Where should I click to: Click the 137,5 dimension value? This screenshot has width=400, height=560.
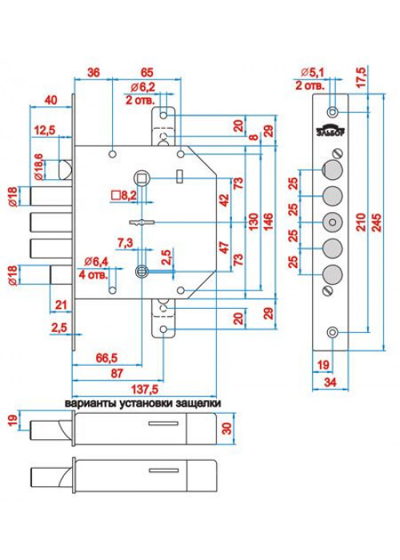click(145, 390)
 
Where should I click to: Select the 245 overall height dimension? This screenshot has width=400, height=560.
click(377, 222)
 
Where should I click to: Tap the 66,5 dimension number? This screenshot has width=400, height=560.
click(106, 358)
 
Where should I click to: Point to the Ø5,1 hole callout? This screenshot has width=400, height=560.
click(312, 73)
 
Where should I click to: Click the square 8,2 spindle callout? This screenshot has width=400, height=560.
click(124, 195)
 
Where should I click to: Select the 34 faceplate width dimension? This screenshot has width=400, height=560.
click(330, 382)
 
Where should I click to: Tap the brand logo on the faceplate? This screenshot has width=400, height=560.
click(330, 130)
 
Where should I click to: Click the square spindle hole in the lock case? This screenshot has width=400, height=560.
click(142, 177)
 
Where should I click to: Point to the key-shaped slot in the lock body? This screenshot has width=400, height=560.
click(142, 222)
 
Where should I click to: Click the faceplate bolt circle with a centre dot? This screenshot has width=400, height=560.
click(332, 222)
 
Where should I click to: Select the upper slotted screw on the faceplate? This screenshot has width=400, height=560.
click(338, 154)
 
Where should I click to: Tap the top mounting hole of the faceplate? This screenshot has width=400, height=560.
click(333, 112)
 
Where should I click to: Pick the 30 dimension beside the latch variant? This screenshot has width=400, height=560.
click(227, 428)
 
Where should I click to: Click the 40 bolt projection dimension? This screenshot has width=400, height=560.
click(50, 100)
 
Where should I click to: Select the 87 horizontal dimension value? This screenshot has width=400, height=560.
click(117, 374)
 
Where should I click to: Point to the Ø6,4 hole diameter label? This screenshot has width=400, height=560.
click(96, 262)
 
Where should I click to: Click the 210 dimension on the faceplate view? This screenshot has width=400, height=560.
click(361, 222)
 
